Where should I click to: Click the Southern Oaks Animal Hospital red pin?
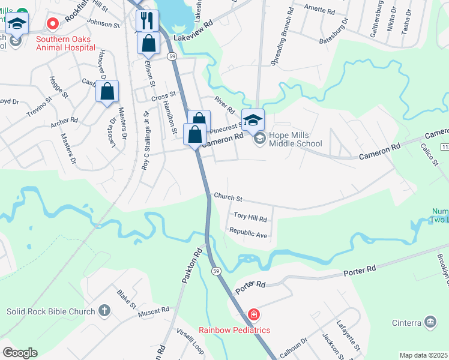[52, 24]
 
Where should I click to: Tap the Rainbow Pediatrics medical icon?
[254, 315]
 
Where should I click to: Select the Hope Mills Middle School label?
[295, 139]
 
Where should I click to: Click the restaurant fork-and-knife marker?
[147, 20]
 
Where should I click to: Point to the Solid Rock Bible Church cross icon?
[104, 311]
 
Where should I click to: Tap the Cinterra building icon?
[430, 323]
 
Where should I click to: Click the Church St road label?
[228, 198]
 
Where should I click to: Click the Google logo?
[20, 353]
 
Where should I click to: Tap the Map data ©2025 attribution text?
[423, 355]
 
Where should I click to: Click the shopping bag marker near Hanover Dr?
[107, 92]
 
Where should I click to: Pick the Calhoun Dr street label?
[294, 347]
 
